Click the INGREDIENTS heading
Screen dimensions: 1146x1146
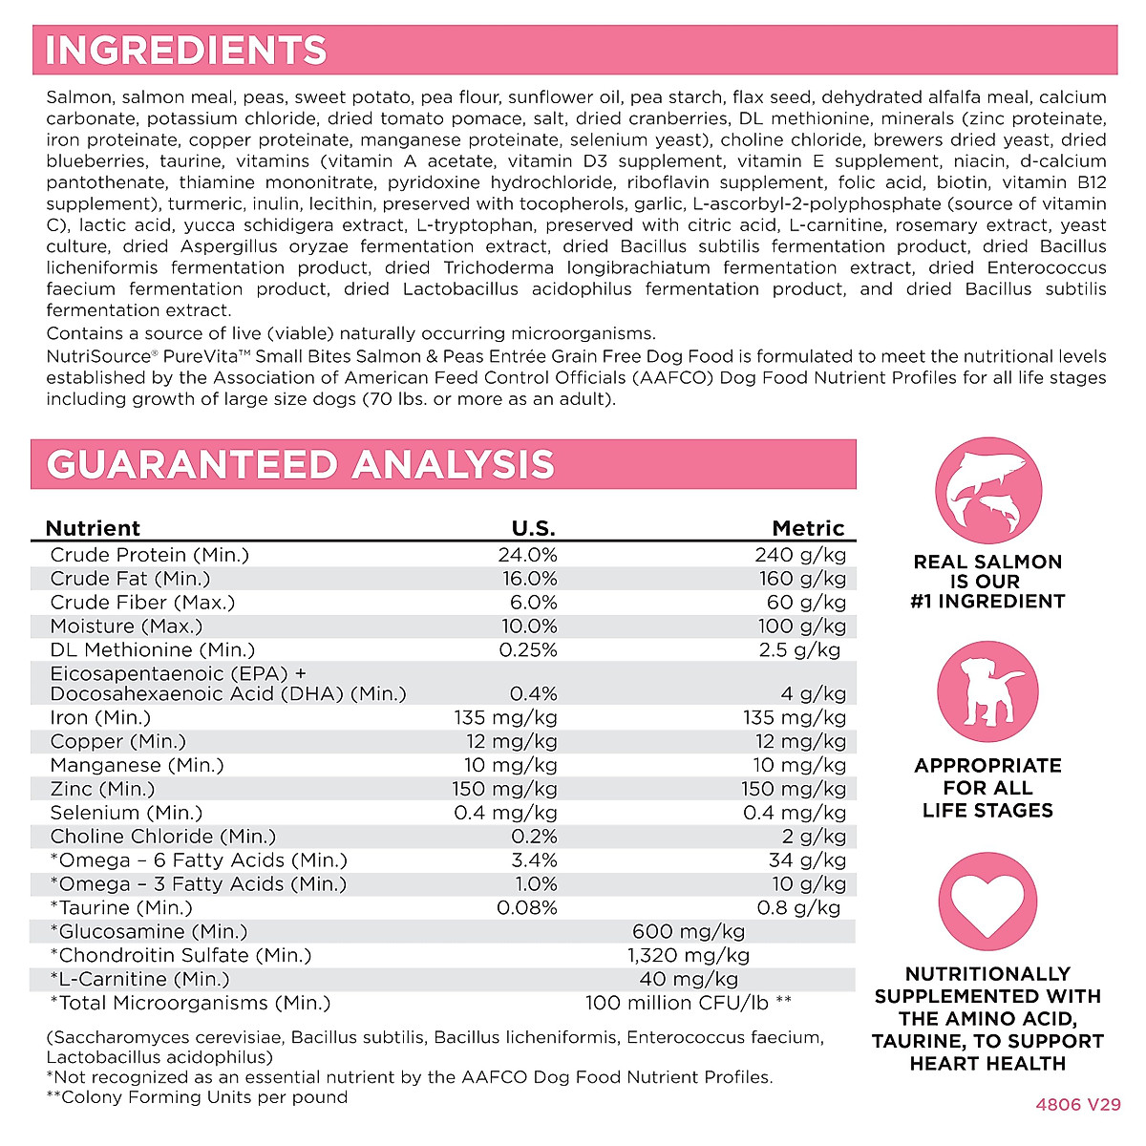click(x=186, y=51)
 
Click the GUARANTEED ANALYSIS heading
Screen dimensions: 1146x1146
click(x=300, y=465)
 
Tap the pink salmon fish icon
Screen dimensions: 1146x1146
click(x=987, y=489)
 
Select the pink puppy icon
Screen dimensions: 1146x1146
click(x=987, y=693)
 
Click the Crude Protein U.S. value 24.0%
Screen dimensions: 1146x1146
click(x=527, y=555)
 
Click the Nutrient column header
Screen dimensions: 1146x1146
click(x=93, y=528)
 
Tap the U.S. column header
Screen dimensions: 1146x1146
click(x=533, y=528)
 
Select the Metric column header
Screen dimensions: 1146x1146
click(x=808, y=528)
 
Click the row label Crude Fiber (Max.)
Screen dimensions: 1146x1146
click(x=142, y=603)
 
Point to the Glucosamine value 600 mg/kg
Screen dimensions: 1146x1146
click(x=689, y=931)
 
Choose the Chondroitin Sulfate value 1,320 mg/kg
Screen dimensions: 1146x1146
click(x=689, y=955)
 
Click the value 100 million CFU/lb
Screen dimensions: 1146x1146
click(x=689, y=1003)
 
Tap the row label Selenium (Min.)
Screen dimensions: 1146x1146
click(x=126, y=813)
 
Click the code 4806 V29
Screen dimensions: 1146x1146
click(x=1078, y=1104)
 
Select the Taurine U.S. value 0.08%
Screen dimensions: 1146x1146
click(x=527, y=907)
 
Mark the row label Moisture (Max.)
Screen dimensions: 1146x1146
click(x=126, y=626)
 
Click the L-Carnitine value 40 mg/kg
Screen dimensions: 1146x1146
click(x=689, y=979)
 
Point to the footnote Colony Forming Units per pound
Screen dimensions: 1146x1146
click(x=197, y=1097)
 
